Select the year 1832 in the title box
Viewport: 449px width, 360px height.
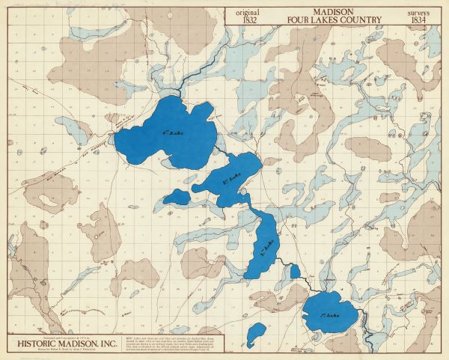pos(247,19)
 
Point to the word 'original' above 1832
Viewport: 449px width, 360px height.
pos(247,11)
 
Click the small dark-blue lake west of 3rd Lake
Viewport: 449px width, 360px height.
pos(178,197)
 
